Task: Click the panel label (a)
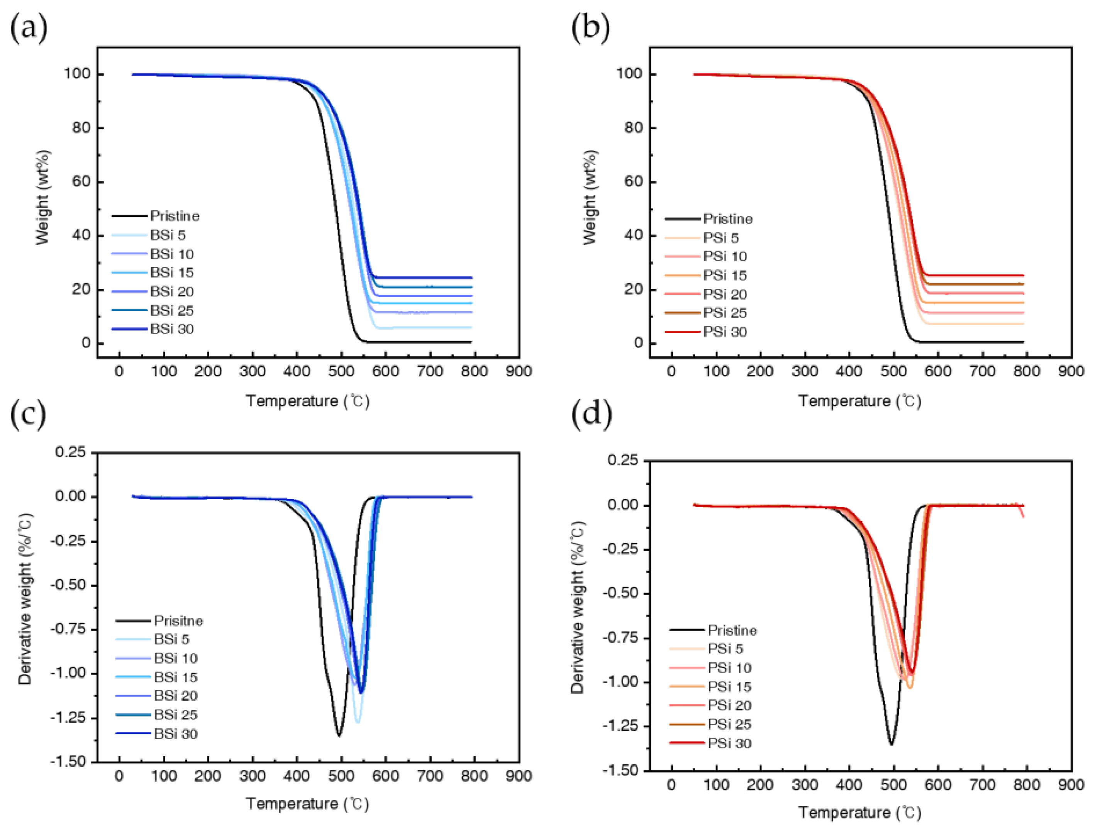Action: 28,28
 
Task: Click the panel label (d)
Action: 591,414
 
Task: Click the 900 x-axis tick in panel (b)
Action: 1071,371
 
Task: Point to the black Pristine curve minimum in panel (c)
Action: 339,735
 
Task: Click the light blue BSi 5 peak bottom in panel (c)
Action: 358,723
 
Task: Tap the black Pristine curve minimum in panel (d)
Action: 891,744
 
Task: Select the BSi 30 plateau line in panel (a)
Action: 426,278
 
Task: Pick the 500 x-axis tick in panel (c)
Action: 341,776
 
